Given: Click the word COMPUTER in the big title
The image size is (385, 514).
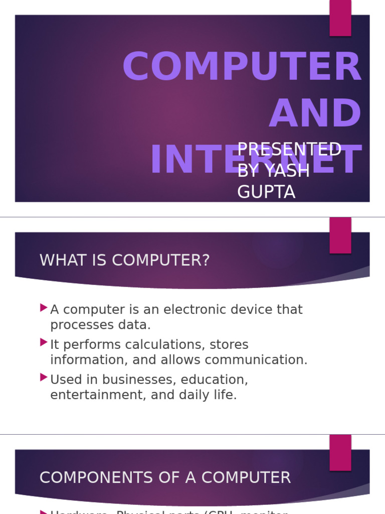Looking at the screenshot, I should pyautogui.click(x=242, y=68).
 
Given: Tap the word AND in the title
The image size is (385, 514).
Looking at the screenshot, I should pyautogui.click(x=315, y=114).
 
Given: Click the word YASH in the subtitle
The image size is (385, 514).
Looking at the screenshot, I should pyautogui.click(x=287, y=171).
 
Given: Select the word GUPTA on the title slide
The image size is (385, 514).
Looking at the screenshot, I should pyautogui.click(x=266, y=192).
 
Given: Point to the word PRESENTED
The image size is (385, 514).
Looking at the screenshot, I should pyautogui.click(x=289, y=150).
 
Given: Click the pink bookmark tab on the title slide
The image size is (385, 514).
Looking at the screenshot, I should pyautogui.click(x=340, y=18).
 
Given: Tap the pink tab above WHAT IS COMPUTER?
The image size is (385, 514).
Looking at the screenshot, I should pyautogui.click(x=340, y=235).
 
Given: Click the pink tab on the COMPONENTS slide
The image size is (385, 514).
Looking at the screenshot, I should pyautogui.click(x=340, y=452).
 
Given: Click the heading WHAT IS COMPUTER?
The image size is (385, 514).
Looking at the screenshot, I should pyautogui.click(x=124, y=261).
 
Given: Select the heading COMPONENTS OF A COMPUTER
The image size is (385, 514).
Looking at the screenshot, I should pyautogui.click(x=165, y=477).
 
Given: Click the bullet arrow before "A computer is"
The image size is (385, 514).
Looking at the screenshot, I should pyautogui.click(x=44, y=307).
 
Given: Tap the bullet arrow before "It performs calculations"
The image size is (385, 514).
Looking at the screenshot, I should pyautogui.click(x=44, y=342).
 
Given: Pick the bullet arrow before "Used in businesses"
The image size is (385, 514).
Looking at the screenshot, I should pyautogui.click(x=44, y=377).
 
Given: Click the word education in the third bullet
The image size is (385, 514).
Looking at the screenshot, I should pyautogui.click(x=214, y=379).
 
